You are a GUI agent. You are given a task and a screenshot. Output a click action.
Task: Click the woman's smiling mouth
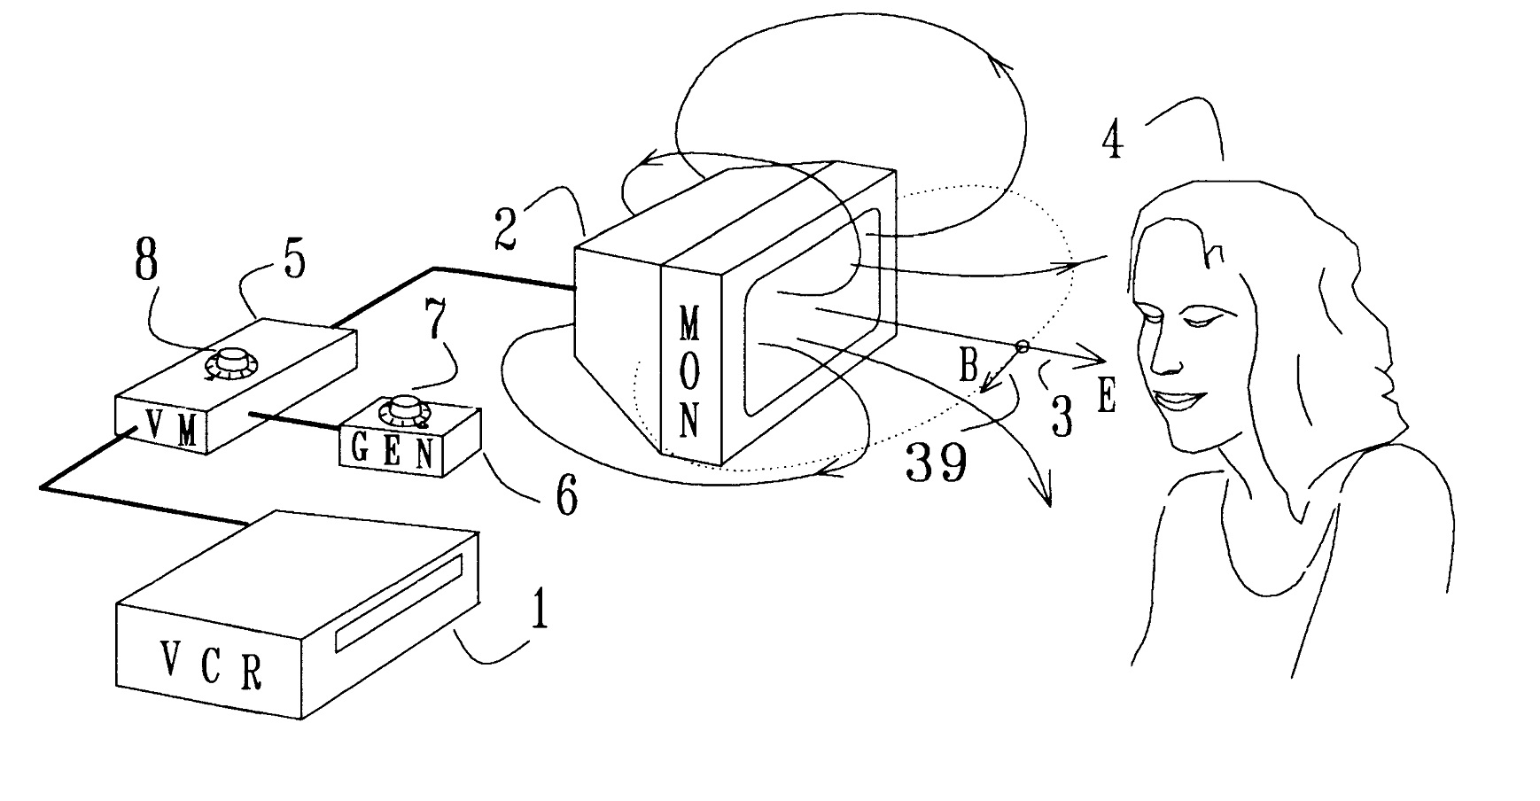[1179, 400]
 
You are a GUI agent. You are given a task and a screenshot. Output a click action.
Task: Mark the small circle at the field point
[1022, 348]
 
